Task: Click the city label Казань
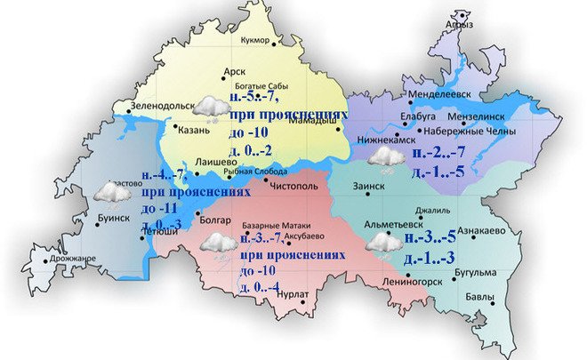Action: pyautogui.click(x=194, y=131)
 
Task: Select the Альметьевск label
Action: pyautogui.click(x=396, y=227)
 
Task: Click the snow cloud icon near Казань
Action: pyautogui.click(x=210, y=108)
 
